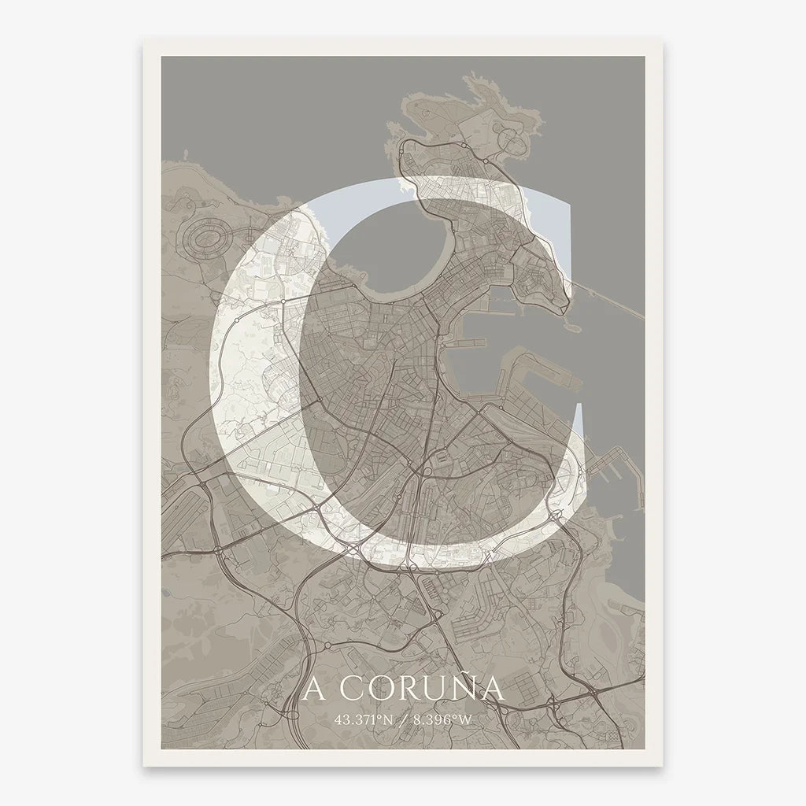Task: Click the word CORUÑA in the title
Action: pyautogui.click(x=425, y=689)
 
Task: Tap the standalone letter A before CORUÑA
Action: pyautogui.click(x=314, y=689)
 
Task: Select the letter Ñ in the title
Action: pyautogui.click(x=465, y=688)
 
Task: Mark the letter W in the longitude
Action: pyautogui.click(x=471, y=719)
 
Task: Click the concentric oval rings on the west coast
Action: pyautogui.click(x=207, y=235)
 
